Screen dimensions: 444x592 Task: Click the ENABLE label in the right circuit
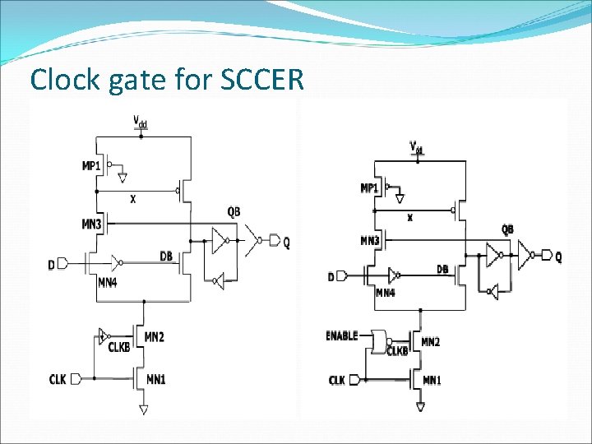coord(342,336)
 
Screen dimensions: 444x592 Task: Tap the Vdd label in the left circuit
coord(141,123)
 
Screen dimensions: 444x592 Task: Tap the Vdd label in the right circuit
coord(417,148)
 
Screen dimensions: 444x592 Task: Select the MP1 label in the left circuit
coord(92,165)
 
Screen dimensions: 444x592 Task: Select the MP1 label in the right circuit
coord(369,188)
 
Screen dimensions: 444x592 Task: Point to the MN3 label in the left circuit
coord(91,224)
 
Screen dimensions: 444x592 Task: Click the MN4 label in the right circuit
coord(385,293)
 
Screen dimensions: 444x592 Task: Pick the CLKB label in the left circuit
coord(119,347)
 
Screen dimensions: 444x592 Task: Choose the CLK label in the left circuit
coord(58,379)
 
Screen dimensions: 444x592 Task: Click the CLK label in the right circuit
coord(337,380)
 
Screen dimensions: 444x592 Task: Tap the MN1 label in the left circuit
coord(155,379)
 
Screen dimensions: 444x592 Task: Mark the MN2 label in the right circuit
coord(430,342)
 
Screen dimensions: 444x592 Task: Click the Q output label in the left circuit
coord(286,242)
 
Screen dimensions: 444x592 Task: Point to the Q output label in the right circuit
coord(558,257)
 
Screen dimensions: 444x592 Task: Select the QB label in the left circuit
coord(234,211)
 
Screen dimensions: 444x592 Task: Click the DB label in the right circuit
coord(442,269)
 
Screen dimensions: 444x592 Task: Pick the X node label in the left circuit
coord(132,199)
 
